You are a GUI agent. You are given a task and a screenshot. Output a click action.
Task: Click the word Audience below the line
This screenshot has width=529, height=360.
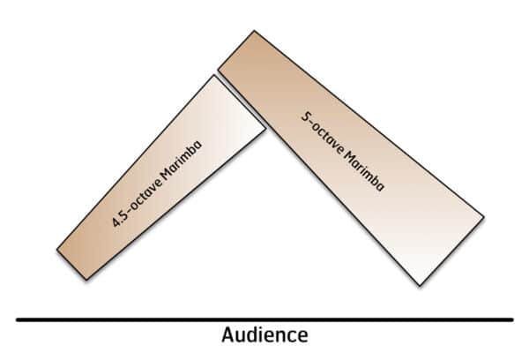(264, 335)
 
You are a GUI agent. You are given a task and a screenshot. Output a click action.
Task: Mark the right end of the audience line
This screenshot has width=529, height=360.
(512, 319)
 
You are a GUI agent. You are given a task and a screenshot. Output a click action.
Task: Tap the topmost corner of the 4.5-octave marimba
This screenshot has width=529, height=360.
(212, 76)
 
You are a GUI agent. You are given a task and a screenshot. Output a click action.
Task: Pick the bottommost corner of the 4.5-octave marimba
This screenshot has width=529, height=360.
(85, 280)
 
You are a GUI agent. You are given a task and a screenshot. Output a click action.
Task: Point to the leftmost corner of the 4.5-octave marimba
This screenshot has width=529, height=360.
(56, 250)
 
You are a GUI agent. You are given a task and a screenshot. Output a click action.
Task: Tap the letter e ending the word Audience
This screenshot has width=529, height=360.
(303, 336)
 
